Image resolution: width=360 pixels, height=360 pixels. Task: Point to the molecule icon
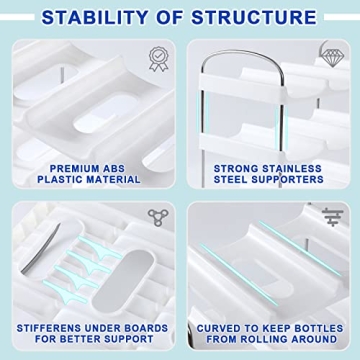(156, 218)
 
